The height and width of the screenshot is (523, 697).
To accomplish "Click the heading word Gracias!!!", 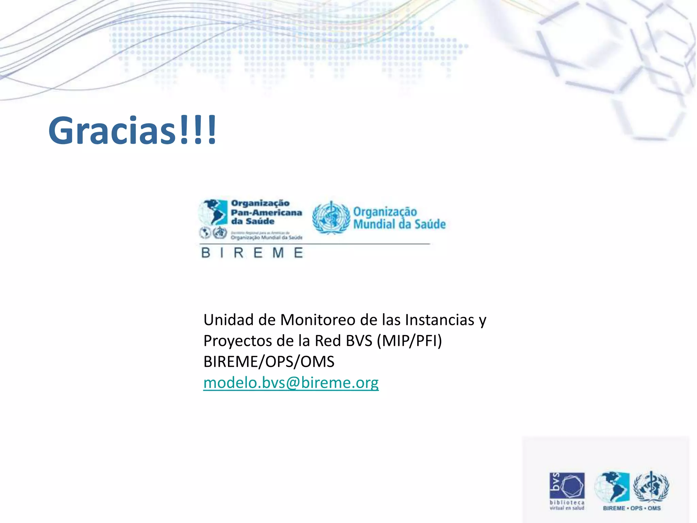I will coord(132,131).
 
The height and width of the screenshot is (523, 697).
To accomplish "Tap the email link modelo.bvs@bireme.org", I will coord(291,383).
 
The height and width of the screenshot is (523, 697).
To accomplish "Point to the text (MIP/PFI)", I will coord(409,341).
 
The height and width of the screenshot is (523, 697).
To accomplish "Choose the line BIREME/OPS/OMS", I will coord(269,362).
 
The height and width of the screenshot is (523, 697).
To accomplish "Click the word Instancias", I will coord(439,320).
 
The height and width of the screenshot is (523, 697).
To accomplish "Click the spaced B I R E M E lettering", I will coord(252,253).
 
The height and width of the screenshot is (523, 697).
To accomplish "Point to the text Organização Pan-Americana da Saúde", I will coord(266,212).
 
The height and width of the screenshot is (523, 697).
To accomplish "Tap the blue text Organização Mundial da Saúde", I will coord(399,218).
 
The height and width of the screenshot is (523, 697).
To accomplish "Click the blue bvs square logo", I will coord(567,485).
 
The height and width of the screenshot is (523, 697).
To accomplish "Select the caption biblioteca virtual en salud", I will coord(567,505).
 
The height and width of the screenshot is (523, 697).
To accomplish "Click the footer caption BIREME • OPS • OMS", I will coord(632,508).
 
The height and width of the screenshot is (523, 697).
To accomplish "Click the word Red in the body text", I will coord(328,341).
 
